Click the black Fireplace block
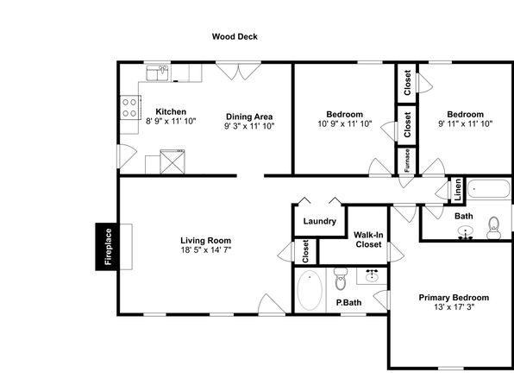click(x=106, y=247)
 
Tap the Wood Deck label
click(x=235, y=36)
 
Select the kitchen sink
click(x=157, y=73)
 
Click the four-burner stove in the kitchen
click(x=130, y=108)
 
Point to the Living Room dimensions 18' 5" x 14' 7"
click(x=206, y=250)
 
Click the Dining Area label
click(x=249, y=117)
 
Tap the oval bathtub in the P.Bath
click(x=310, y=290)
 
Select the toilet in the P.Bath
click(x=341, y=279)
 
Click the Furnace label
click(x=407, y=161)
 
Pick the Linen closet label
click(x=458, y=190)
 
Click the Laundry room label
click(x=320, y=221)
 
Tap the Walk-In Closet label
click(x=368, y=240)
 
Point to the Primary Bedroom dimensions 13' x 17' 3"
click(x=454, y=307)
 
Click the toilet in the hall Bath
click(x=493, y=227)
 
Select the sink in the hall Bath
click(x=466, y=232)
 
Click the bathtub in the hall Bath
click(x=489, y=189)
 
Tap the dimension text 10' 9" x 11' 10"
click(x=345, y=123)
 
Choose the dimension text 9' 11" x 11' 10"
click(x=466, y=123)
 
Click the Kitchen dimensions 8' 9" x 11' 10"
click(x=171, y=121)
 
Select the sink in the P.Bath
click(x=372, y=275)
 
